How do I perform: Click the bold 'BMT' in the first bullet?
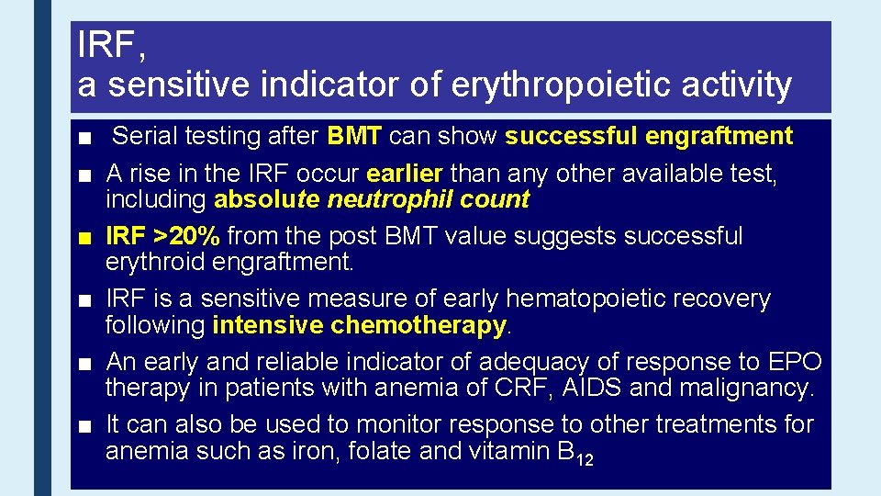pyautogui.click(x=354, y=137)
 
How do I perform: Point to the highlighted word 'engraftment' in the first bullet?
pyautogui.click(x=719, y=137)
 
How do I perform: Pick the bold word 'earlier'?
pyautogui.click(x=406, y=175)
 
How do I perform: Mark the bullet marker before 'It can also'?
pyautogui.click(x=85, y=426)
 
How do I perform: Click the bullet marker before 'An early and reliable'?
pyautogui.click(x=85, y=364)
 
